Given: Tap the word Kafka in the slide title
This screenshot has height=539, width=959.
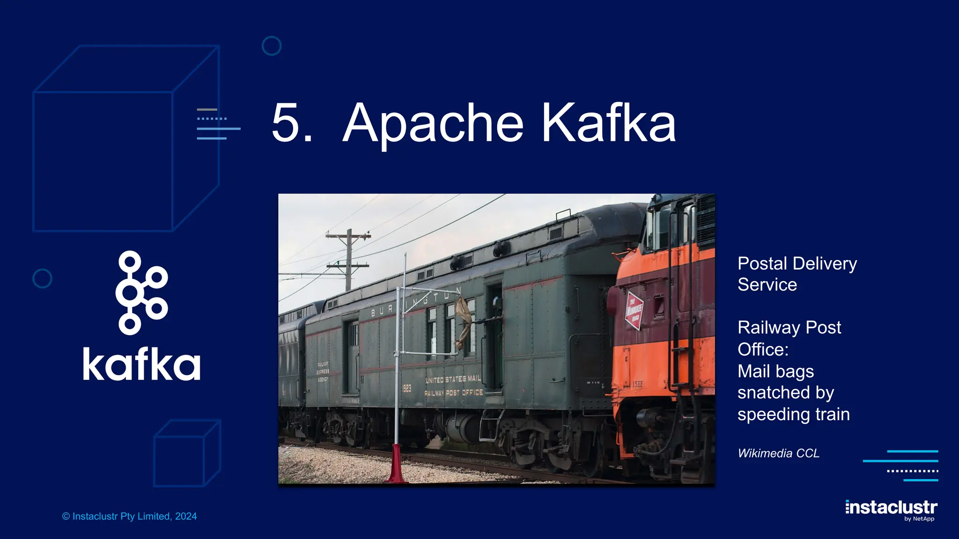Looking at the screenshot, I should pos(608,123).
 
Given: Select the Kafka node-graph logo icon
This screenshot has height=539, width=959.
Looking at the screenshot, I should pos(141,293).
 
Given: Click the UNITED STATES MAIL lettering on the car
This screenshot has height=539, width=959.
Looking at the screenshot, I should pos(453,379).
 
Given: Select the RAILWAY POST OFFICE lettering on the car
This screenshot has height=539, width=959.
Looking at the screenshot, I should pos(453,393).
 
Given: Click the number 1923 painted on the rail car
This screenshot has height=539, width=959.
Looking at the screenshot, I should pos(406,388).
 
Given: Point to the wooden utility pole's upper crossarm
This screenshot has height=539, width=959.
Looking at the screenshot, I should pos(348,236).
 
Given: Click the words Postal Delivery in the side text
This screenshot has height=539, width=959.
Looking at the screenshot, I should pos(797,263).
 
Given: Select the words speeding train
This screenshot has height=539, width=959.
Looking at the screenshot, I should pos(793,415).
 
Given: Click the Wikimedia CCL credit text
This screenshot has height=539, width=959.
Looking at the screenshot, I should pos(778,453).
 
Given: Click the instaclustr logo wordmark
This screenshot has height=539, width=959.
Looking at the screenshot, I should pos(891,507).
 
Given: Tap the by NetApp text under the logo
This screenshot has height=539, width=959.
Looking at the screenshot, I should pos(919,519).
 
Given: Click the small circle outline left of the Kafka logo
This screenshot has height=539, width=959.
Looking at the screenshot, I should pos(42,278).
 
